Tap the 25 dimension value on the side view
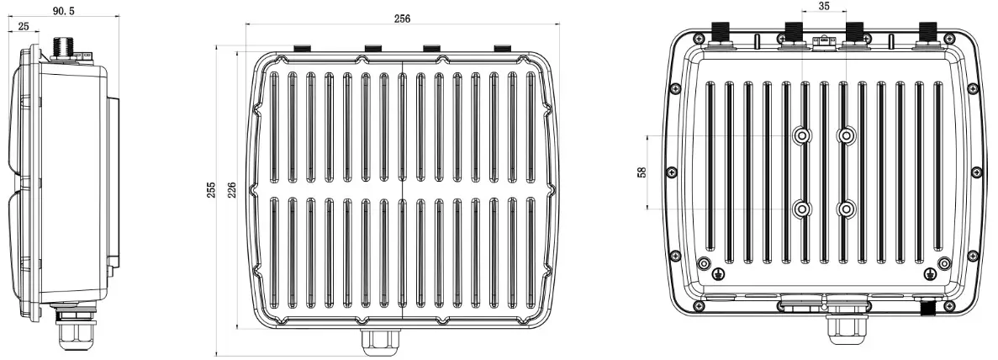21,28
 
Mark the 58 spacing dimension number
642,172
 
